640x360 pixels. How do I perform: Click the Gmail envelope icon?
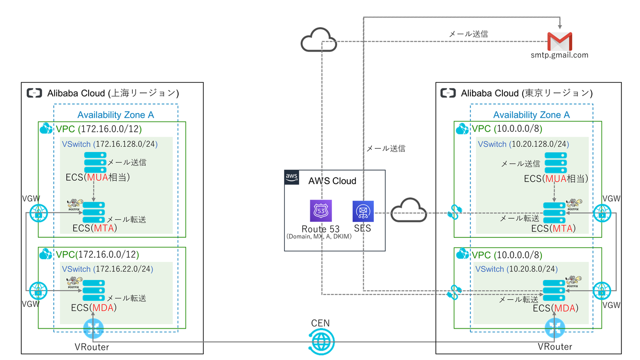559,42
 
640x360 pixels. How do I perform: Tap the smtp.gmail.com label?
559,55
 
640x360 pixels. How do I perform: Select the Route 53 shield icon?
321,211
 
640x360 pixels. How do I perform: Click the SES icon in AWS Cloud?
363,211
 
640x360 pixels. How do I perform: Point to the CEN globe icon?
322,342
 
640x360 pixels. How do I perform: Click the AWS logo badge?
292,178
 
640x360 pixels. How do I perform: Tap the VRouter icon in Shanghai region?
93,329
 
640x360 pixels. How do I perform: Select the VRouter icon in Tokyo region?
555,328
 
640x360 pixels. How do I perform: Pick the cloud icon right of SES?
409,210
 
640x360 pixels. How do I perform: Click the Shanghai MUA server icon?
95,163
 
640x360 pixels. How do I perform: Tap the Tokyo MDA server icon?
554,291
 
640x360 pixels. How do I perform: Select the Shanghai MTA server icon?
94,212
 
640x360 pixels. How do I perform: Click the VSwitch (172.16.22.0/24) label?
107,269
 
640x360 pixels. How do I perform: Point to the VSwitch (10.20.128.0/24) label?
523,144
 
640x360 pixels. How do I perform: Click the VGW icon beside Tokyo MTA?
602,213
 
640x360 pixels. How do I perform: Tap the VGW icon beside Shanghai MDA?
38,291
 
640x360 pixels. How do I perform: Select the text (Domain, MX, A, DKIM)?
319,237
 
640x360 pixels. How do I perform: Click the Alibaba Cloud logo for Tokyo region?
448,93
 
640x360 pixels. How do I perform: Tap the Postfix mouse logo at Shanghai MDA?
74,282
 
